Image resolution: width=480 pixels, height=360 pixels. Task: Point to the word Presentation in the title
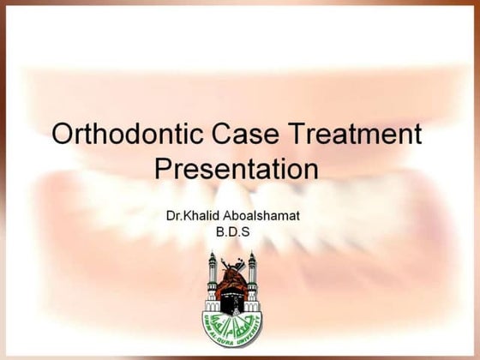pos(237,168)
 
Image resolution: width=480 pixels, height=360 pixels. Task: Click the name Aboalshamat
pos(263,214)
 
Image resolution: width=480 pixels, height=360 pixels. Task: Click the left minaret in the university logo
pos(213,279)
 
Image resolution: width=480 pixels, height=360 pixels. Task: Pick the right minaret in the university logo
pos(252,279)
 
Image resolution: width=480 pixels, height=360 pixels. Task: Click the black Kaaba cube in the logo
pos(232,299)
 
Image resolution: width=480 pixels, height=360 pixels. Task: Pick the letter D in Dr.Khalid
pos(170,214)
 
